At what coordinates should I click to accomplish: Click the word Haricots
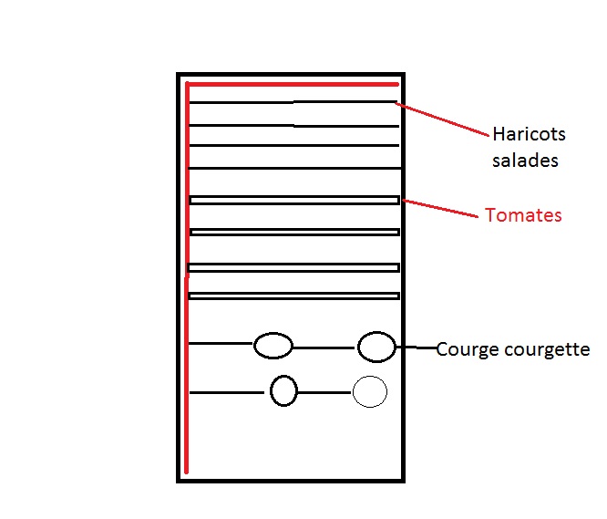529,135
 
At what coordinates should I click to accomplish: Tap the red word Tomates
523,216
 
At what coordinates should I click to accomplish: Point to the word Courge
465,349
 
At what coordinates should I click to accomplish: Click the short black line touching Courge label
417,348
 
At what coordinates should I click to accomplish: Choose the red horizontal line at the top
292,85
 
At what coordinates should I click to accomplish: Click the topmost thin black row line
292,103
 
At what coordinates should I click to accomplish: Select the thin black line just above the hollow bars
292,168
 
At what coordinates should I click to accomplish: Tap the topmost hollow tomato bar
293,200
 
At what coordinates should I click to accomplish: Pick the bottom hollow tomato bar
293,296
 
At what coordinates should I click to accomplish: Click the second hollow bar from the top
293,232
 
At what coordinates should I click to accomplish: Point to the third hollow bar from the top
293,267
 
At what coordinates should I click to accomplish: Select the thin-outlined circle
370,392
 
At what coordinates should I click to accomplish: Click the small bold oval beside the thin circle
283,391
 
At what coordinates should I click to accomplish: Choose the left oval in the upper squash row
273,346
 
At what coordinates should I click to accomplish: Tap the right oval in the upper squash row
376,347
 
